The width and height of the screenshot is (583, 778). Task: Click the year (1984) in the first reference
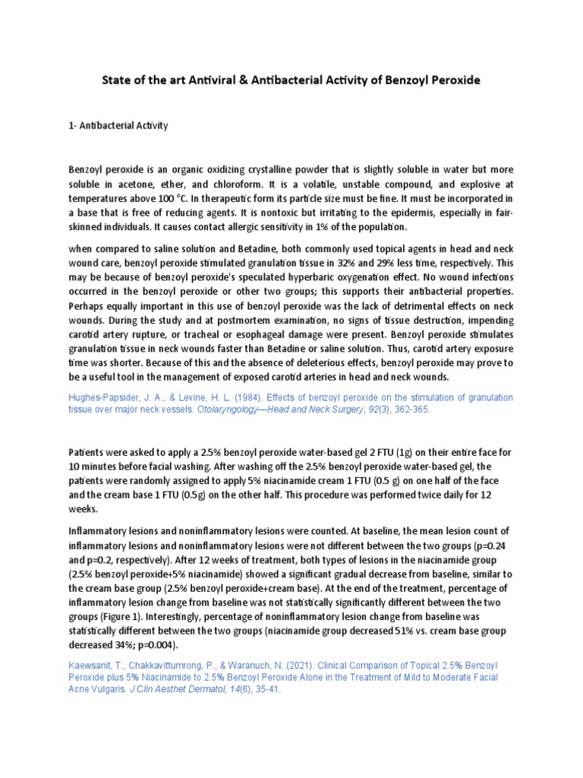238,397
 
